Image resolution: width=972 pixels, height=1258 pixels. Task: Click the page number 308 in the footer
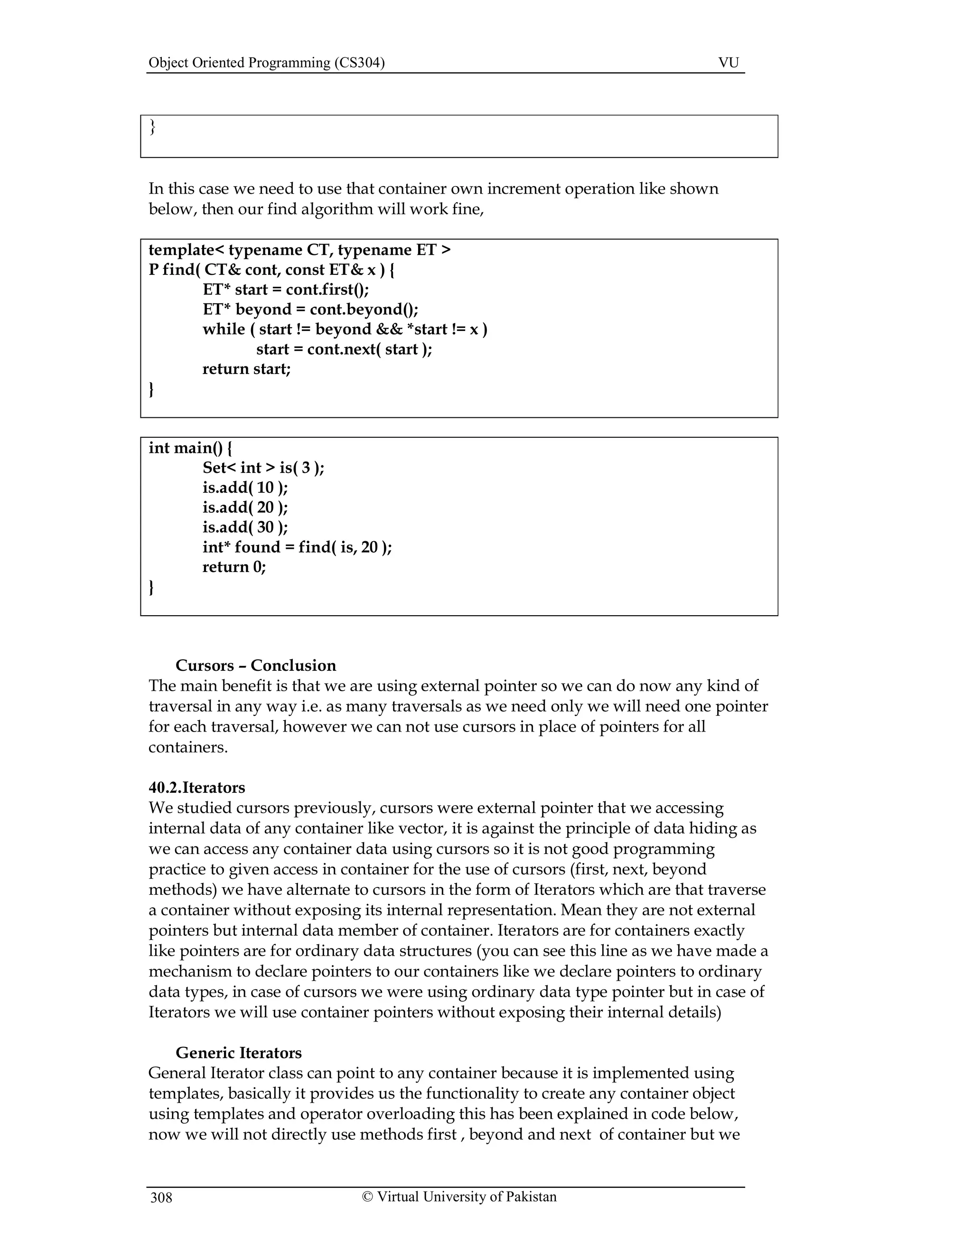point(161,1198)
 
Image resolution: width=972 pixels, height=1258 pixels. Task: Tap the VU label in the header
point(729,63)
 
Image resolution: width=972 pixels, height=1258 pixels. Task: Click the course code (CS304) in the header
point(359,63)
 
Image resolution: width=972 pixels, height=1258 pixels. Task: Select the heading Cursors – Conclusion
point(256,665)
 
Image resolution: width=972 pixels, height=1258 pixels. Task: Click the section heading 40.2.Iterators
point(197,788)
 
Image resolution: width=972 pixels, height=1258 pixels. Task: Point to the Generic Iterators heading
point(238,1052)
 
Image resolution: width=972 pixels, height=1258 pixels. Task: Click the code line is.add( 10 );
point(245,488)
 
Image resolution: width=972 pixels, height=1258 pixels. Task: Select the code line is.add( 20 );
point(245,507)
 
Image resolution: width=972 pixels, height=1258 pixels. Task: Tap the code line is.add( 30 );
point(245,527)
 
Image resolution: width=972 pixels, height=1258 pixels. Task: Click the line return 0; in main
point(234,567)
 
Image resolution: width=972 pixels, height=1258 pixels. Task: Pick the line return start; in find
point(246,369)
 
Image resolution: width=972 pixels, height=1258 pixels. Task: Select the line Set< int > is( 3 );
point(263,468)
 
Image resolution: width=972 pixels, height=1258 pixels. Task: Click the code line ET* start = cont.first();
point(286,289)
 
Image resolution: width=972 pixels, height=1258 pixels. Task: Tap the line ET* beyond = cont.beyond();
point(310,310)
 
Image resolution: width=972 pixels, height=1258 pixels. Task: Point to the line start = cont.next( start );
point(344,349)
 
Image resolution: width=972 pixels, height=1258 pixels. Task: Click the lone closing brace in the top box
point(153,127)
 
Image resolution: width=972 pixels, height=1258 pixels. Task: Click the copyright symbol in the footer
point(367,1197)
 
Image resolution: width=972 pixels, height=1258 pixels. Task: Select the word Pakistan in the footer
point(532,1197)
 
